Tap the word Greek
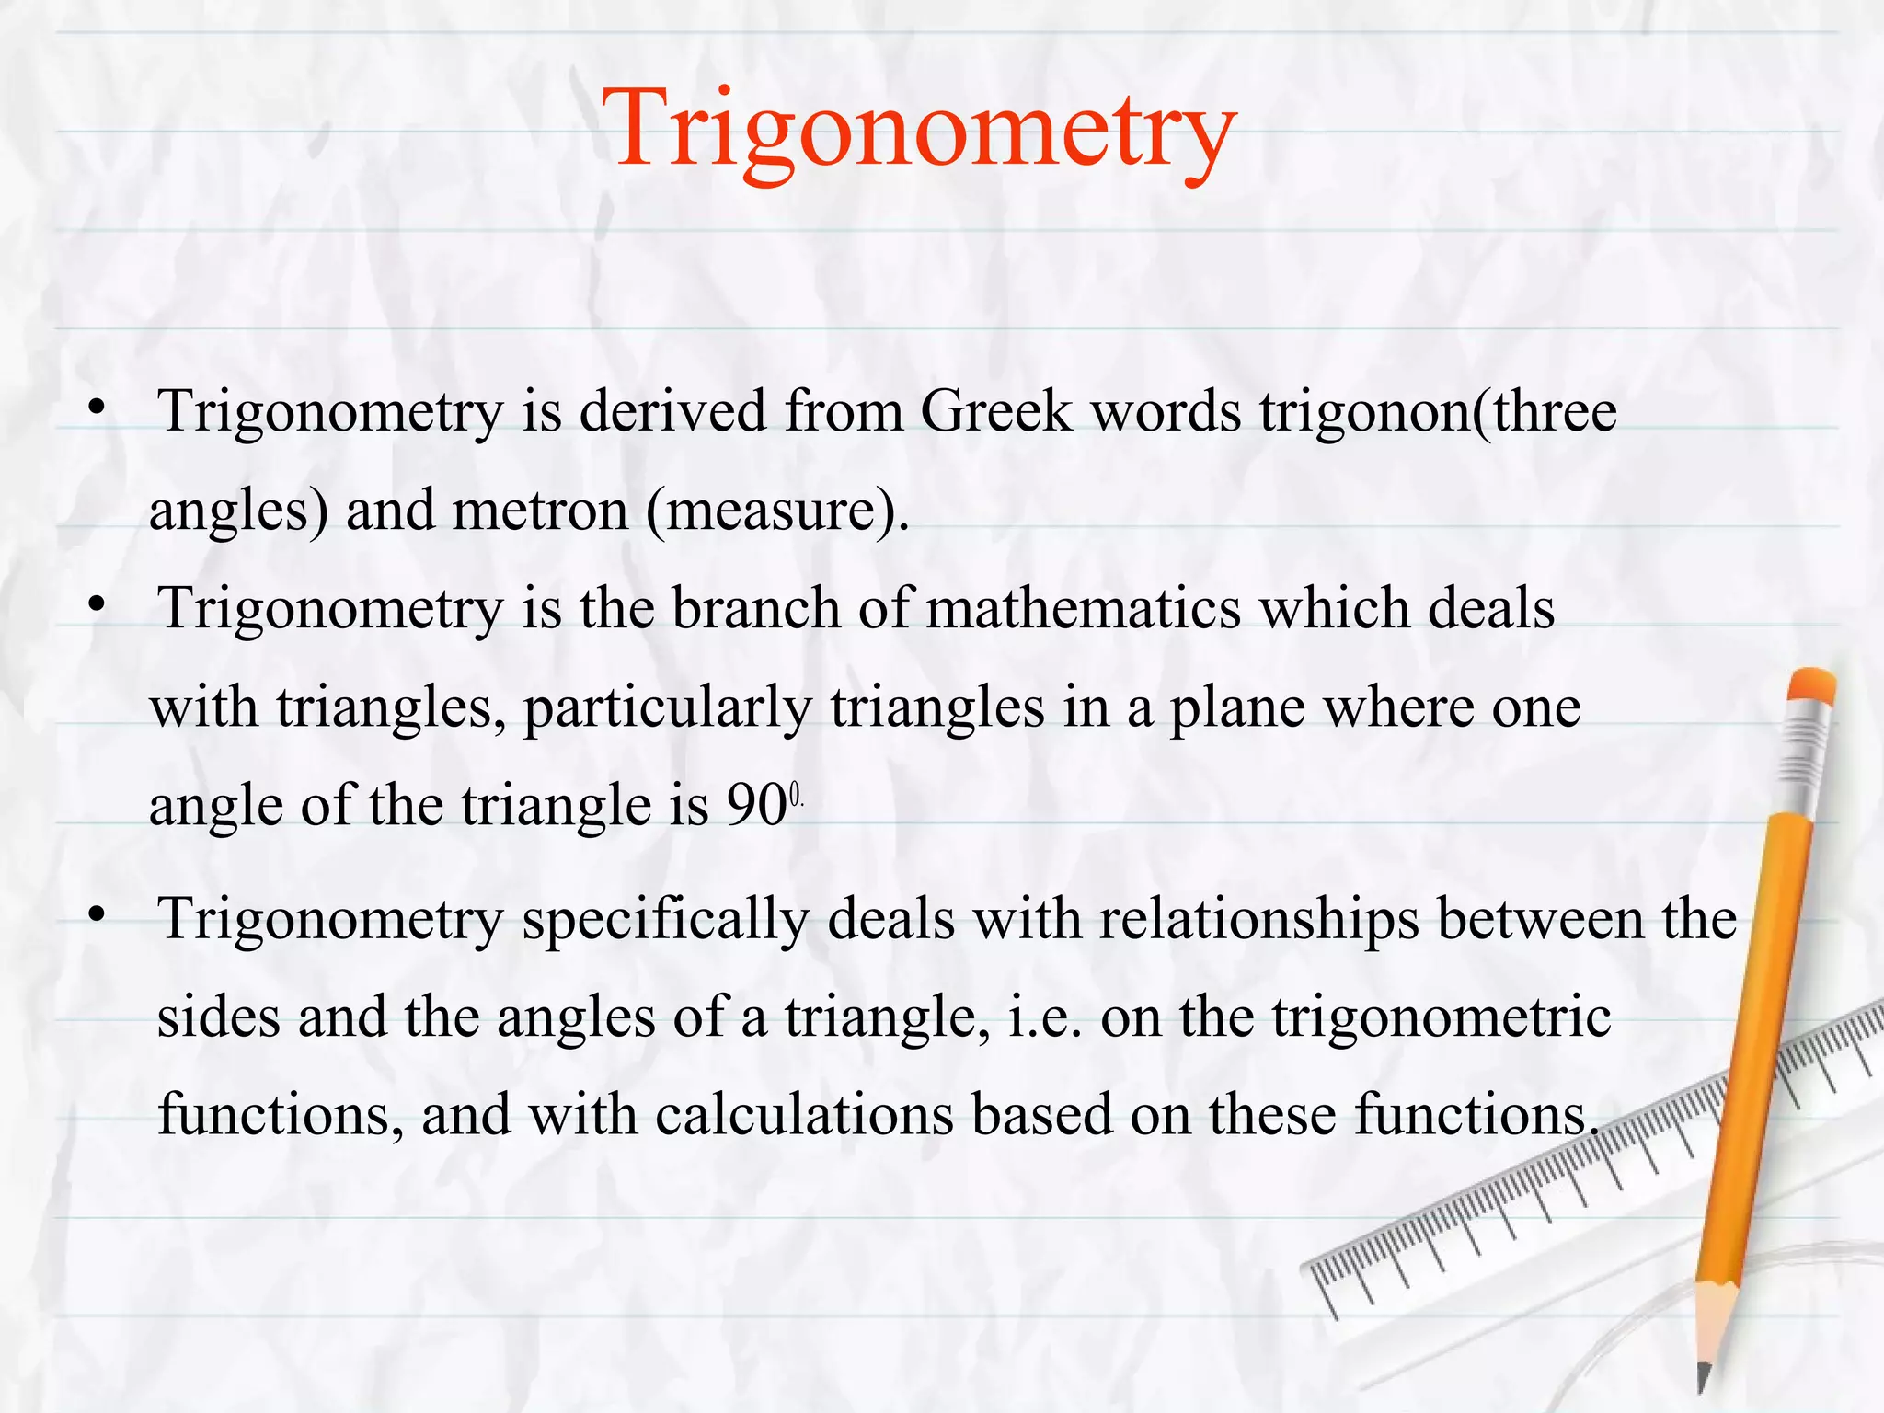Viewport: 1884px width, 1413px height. pos(996,411)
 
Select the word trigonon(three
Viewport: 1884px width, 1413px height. pos(1438,411)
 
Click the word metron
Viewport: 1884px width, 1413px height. pos(541,511)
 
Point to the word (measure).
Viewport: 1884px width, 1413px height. pos(777,511)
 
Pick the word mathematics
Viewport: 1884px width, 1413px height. pos(1084,609)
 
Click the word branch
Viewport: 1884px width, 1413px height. pos(756,609)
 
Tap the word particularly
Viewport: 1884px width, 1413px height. pos(668,708)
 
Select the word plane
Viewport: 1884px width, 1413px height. pos(1236,708)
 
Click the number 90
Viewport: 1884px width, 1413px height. pos(757,806)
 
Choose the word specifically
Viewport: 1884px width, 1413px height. pos(666,920)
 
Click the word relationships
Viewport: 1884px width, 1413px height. pos(1258,920)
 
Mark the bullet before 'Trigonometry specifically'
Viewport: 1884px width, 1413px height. pos(98,916)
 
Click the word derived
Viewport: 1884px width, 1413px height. pos(672,411)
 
